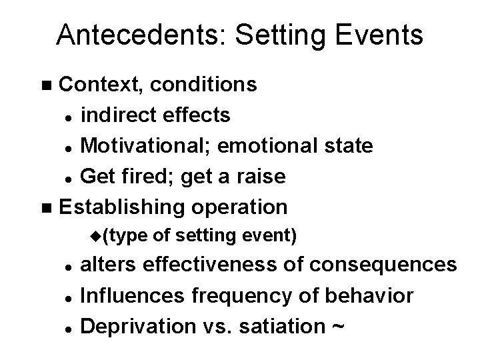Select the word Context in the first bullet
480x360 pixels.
[100, 85]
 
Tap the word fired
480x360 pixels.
[145, 175]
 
